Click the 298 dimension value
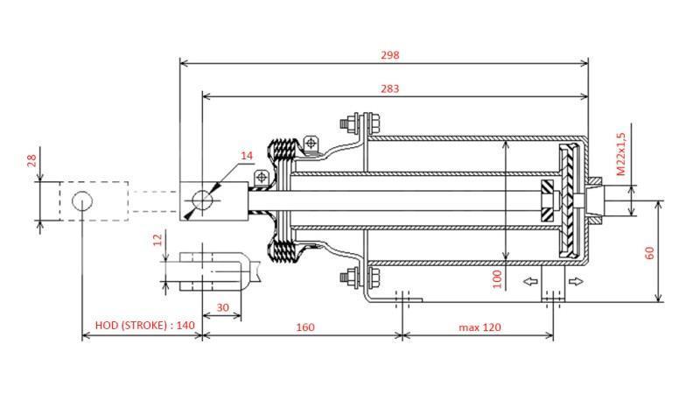click(x=390, y=54)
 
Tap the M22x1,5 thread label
click(x=620, y=154)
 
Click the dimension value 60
click(x=649, y=252)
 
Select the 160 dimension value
click(x=304, y=327)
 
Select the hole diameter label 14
click(x=247, y=155)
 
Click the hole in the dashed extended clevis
click(x=82, y=201)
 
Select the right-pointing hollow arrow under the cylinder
click(x=574, y=281)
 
